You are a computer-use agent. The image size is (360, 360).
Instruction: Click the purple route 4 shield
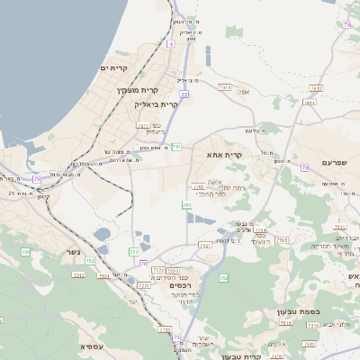170,42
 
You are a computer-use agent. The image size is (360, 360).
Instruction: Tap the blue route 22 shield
184,94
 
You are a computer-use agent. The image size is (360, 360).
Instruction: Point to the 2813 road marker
316,88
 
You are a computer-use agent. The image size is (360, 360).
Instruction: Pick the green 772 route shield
135,252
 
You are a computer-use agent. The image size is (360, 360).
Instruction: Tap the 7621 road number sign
204,244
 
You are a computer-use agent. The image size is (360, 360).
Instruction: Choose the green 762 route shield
223,277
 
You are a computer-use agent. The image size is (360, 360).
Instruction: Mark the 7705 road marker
282,240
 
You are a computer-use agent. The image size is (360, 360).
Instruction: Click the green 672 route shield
25,253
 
